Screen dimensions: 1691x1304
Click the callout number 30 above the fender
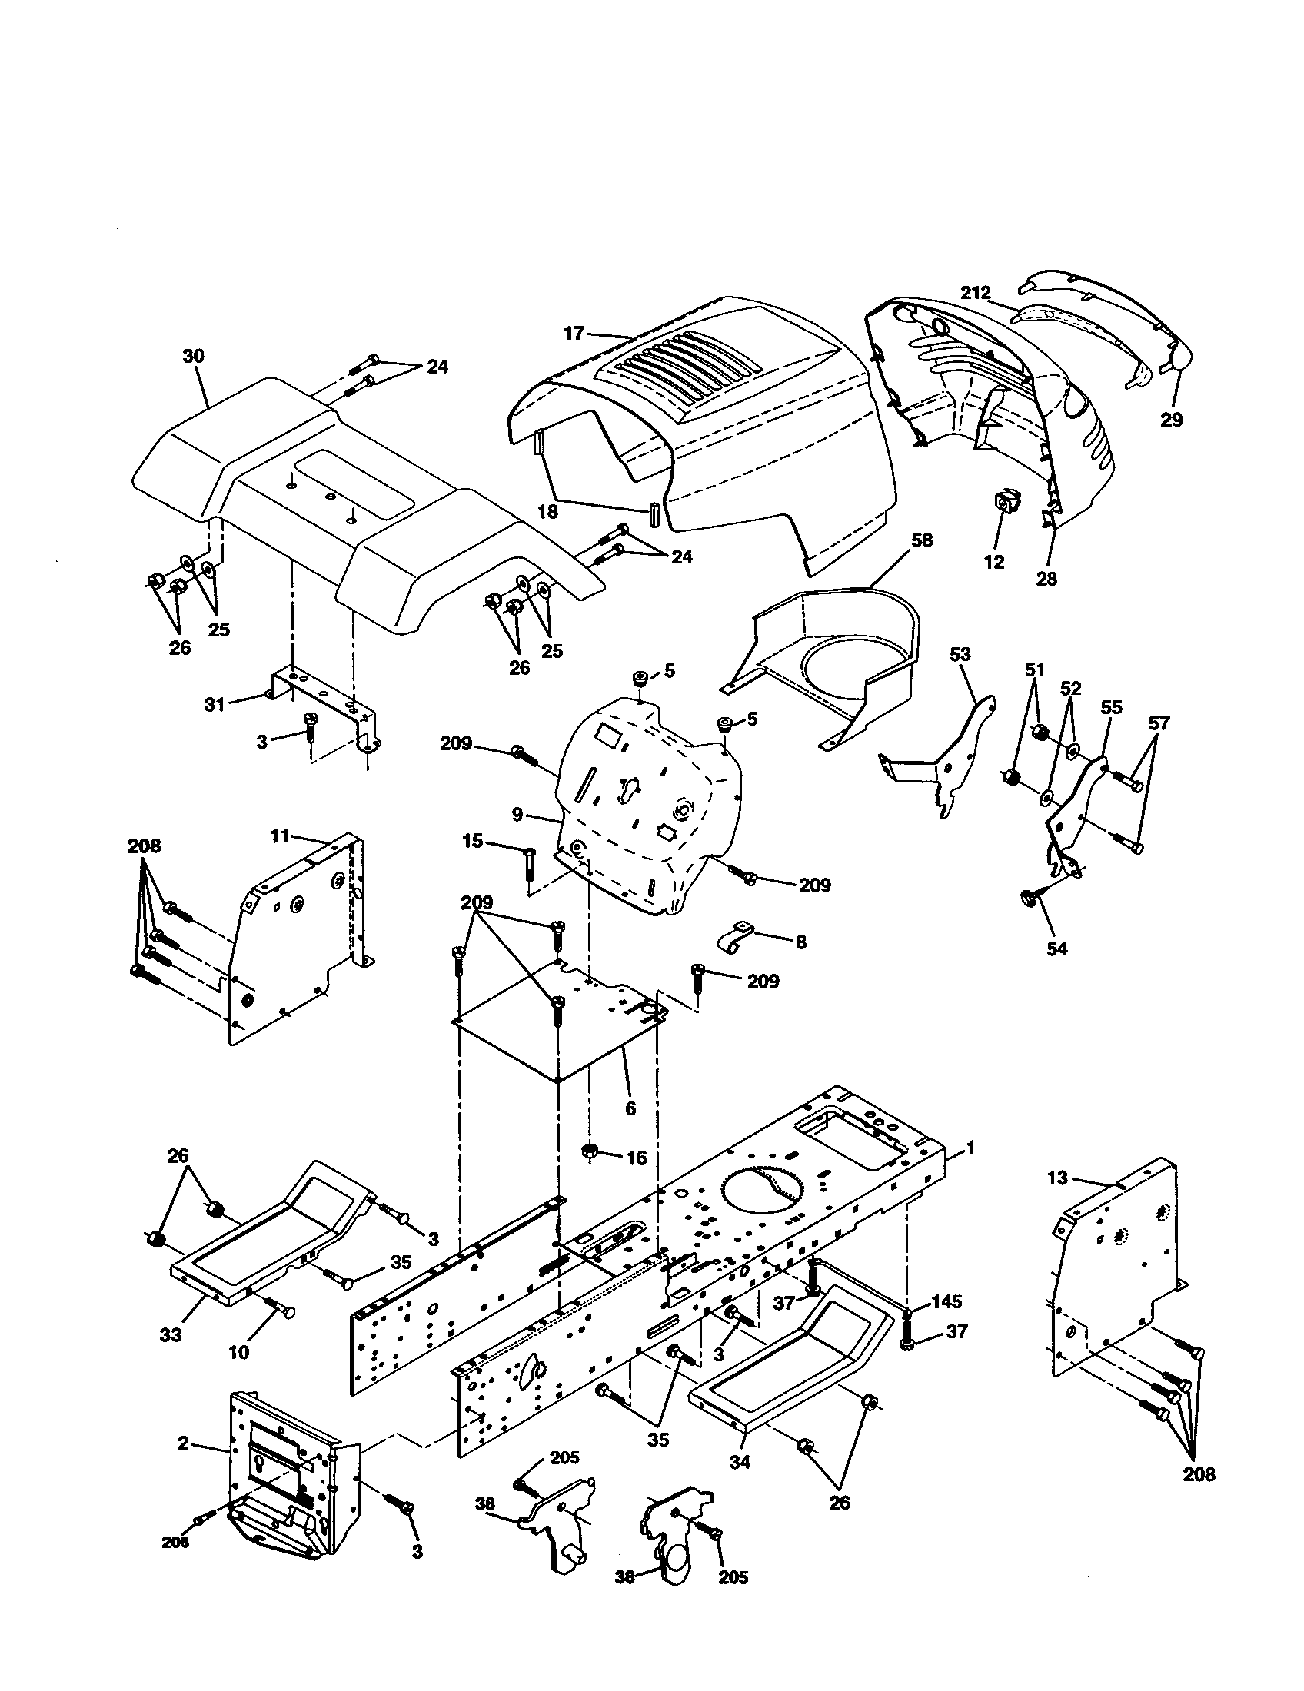193,356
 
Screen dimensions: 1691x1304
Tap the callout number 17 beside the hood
574,334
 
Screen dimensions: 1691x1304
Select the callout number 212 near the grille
976,294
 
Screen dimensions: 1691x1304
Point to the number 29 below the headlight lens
1172,420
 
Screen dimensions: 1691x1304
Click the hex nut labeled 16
590,1171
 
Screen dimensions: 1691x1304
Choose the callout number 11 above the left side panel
280,836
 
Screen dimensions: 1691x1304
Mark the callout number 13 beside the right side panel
1057,1200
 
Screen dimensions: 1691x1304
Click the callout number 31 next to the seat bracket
215,704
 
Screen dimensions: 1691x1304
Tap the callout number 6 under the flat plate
630,1108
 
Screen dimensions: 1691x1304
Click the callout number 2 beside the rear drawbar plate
183,1444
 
